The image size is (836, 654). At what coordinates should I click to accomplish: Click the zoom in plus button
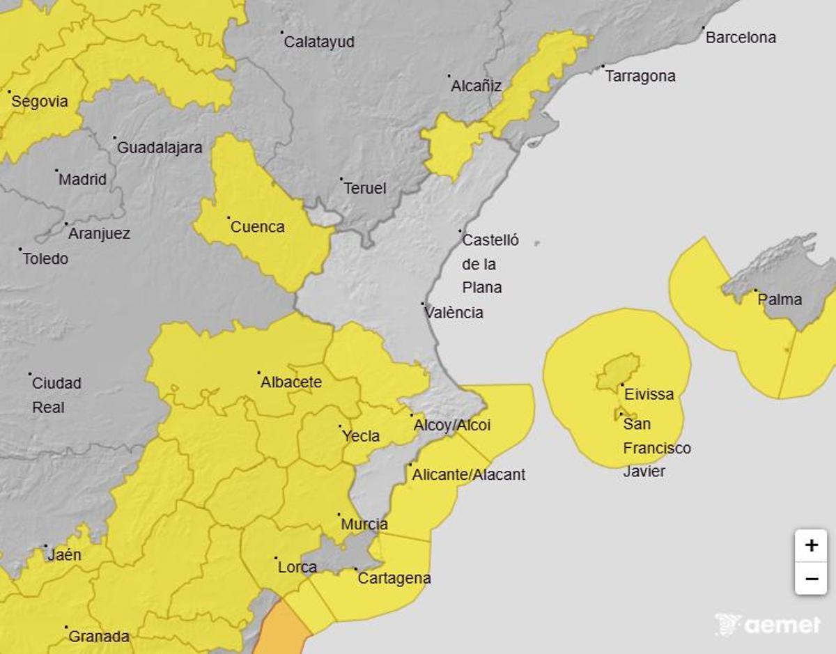[x=811, y=545]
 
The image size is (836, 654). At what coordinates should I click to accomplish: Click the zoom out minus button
[x=811, y=578]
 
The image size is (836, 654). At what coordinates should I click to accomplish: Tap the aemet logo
[x=768, y=624]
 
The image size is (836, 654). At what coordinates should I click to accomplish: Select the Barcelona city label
[x=741, y=38]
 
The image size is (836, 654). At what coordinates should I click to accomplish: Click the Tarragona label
[x=640, y=76]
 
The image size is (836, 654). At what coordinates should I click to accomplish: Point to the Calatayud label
[x=319, y=42]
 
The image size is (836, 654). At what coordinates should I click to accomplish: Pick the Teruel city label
[x=365, y=189]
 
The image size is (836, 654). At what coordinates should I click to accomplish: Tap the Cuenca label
[x=257, y=227]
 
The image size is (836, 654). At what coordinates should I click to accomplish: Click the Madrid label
[x=82, y=180]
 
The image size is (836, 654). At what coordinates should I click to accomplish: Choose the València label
[x=454, y=313]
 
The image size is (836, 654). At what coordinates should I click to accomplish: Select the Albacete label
[x=291, y=382]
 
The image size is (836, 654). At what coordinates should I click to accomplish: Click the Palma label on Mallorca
[x=780, y=300]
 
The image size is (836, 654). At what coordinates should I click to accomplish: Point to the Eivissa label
[x=649, y=394]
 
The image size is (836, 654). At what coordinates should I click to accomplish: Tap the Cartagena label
[x=394, y=578]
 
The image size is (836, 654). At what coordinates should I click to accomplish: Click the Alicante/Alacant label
[x=469, y=475]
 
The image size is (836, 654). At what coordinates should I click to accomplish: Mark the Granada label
[x=99, y=637]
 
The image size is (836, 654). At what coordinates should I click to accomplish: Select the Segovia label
[x=40, y=102]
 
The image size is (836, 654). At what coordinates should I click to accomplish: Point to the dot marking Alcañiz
[x=449, y=76]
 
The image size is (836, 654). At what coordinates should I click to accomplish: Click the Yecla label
[x=361, y=437]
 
